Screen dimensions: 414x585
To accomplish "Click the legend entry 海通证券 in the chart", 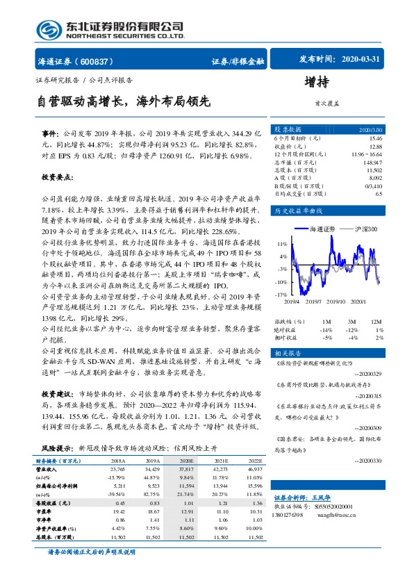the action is click(321, 229).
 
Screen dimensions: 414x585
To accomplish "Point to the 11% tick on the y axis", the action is click(282, 245).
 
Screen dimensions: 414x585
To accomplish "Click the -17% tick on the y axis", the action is click(281, 295).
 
